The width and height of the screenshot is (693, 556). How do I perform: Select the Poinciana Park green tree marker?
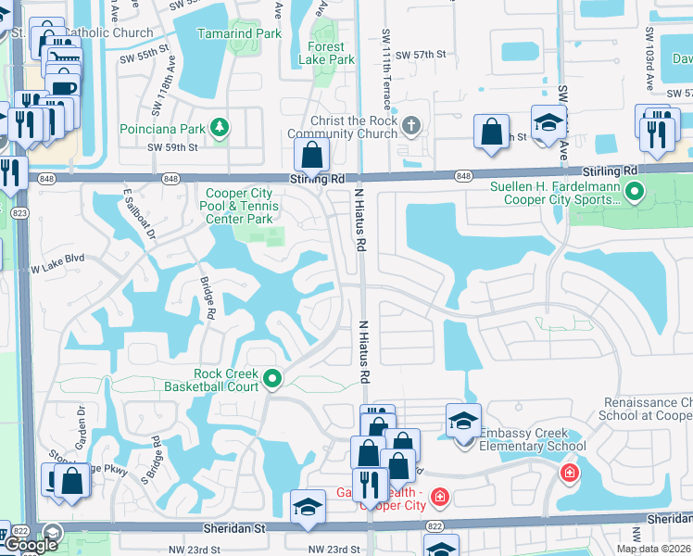coord(220,126)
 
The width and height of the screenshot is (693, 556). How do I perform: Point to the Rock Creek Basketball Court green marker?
coord(272,378)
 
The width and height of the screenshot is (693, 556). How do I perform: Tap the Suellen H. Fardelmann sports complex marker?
coord(635,193)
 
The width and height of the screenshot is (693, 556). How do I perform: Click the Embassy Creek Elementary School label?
coord(533,446)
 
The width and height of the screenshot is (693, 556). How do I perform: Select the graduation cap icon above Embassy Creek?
coord(463,421)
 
